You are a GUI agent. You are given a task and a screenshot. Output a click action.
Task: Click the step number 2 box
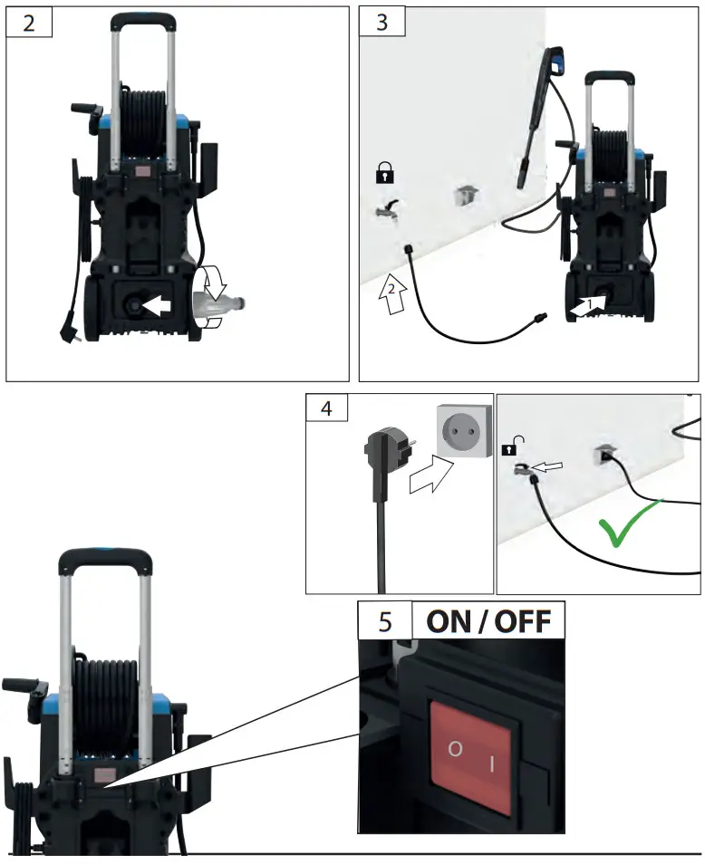tap(30, 23)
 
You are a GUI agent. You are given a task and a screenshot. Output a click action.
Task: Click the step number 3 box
tap(381, 23)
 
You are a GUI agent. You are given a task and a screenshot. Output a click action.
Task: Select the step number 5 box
tap(384, 622)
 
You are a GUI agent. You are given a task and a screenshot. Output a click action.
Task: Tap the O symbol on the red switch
tap(453, 751)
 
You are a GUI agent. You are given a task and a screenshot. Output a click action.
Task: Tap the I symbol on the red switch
tap(492, 764)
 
